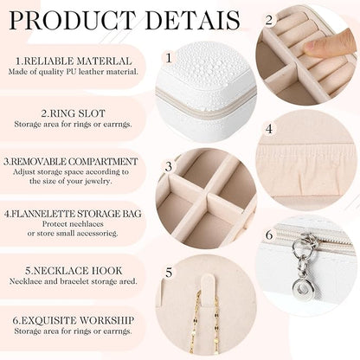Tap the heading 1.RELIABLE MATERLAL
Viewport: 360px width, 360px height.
coord(74,61)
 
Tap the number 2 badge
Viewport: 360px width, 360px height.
coord(269,19)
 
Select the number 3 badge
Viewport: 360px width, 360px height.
coord(170,167)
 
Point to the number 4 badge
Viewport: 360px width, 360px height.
coord(269,128)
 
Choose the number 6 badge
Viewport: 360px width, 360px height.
coord(269,235)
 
